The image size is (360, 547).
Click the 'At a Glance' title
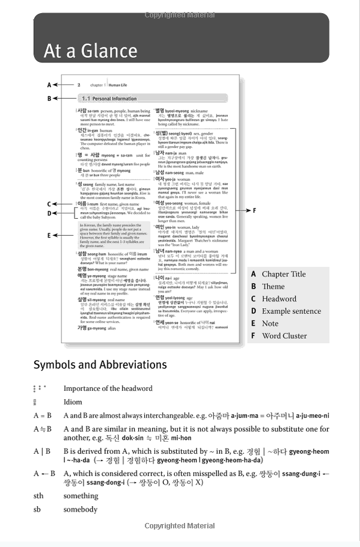coord(90,51)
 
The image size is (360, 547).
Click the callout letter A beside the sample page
coord(49,85)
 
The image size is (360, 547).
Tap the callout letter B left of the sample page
coord(49,98)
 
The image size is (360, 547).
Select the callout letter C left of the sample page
coord(49,204)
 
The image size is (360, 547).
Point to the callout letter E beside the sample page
coord(49,236)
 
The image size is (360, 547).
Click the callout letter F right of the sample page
coord(254,210)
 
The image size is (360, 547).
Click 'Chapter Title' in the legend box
coord(284,274)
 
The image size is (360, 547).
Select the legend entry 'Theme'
coord(273,287)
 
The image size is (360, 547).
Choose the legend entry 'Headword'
coord(279,299)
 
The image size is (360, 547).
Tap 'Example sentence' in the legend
coord(291,311)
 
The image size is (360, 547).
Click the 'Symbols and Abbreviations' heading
coord(100,365)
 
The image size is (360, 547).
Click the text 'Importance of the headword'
coord(108,388)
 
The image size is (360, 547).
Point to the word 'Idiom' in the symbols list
coord(73,402)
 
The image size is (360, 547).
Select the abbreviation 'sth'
coord(38,496)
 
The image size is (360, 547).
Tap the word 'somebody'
coord(80,509)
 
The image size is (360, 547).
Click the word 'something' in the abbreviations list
coord(81,496)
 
